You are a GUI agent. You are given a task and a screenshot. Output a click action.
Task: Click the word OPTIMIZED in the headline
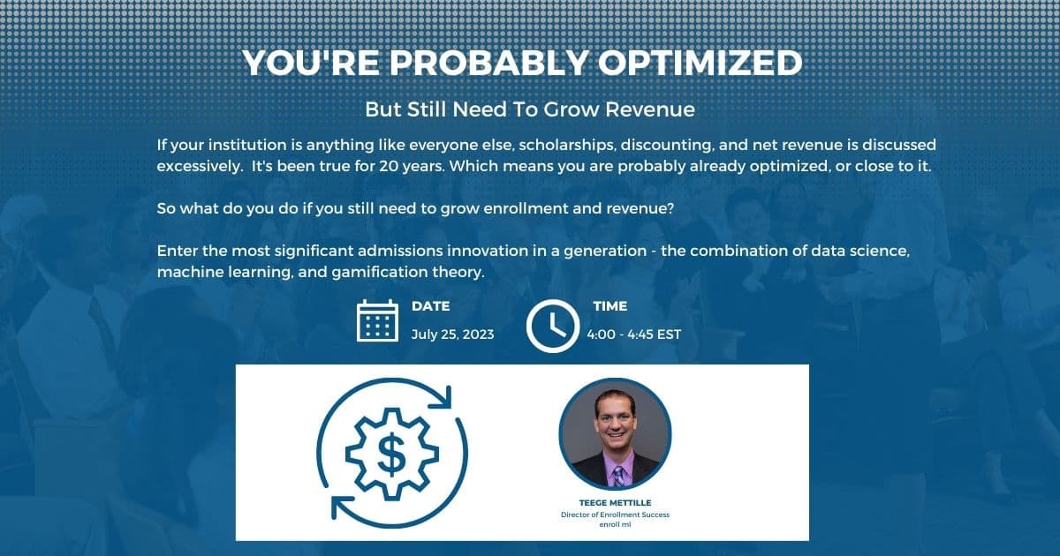[x=700, y=63]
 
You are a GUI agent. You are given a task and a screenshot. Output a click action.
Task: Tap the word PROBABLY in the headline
[x=489, y=63]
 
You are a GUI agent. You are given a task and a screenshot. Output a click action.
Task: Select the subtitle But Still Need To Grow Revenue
[x=530, y=109]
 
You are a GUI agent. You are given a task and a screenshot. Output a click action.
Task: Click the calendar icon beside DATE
[x=377, y=320]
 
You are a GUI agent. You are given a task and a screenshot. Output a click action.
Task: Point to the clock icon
[x=553, y=326]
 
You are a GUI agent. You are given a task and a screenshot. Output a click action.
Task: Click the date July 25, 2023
[x=452, y=334]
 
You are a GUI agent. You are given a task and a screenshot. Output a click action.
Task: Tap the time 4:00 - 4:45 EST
[x=633, y=334]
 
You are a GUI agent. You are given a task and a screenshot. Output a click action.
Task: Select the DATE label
[x=431, y=306]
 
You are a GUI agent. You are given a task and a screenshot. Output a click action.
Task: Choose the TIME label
[x=610, y=306]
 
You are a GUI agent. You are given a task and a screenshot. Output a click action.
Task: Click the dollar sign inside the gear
[x=391, y=455]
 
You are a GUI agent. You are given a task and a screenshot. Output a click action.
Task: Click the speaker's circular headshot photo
[x=615, y=434]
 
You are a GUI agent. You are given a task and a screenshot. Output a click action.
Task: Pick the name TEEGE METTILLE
[x=615, y=502]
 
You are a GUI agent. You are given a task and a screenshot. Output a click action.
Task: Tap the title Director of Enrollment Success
[x=615, y=515]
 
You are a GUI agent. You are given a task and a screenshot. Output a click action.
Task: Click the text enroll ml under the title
[x=615, y=524]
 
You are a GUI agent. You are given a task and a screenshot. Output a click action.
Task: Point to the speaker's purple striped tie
[x=618, y=477]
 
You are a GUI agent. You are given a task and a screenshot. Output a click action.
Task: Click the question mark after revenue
[x=670, y=208]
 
